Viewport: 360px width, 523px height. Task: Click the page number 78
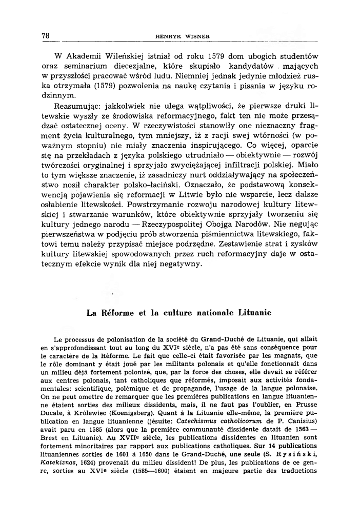pyautogui.click(x=45, y=35)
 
